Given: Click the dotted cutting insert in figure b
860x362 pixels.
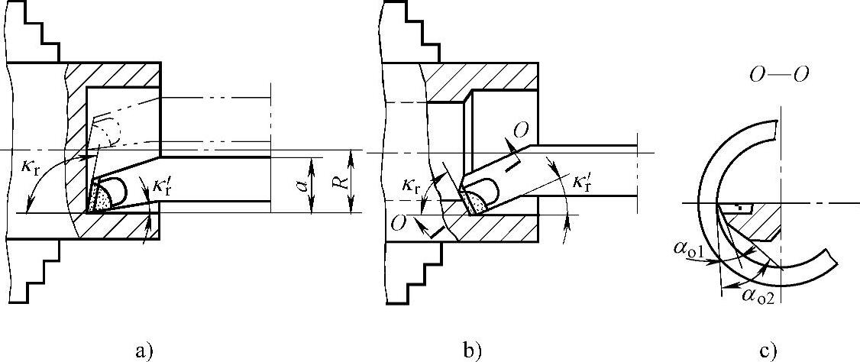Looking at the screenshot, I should tap(474, 202).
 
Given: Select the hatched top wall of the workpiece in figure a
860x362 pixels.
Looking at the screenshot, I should tap(115, 75).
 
